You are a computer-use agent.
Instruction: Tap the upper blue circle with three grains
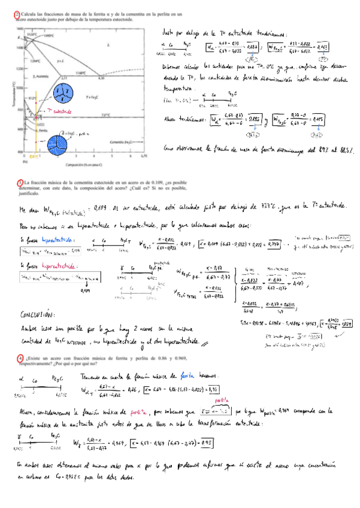61,93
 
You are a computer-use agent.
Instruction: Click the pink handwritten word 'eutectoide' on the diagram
59,111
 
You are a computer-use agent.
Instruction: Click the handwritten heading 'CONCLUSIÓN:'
39,314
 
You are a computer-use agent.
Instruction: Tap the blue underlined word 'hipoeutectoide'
53,240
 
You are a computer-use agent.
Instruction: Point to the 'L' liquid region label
107,44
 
